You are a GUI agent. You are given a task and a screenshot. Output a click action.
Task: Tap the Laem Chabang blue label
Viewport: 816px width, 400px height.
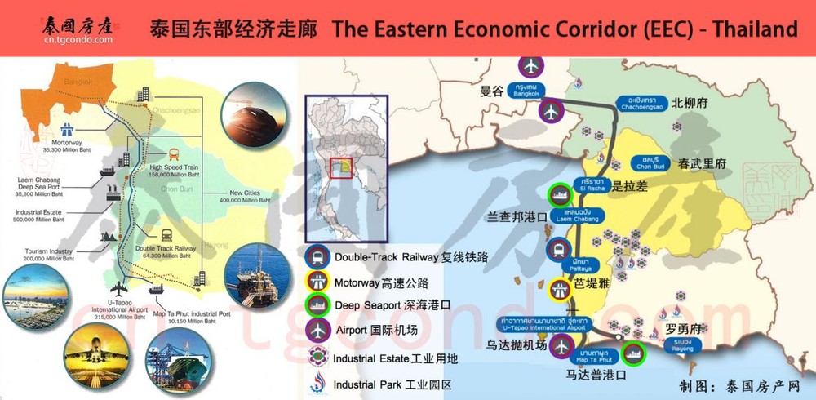(579, 215)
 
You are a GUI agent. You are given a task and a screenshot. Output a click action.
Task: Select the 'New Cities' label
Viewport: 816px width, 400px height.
(249, 193)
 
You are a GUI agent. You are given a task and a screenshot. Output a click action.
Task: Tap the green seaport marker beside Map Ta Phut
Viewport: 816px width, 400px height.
(632, 353)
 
